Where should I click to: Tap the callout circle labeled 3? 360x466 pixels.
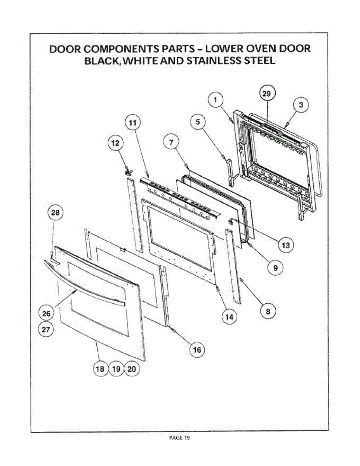tap(301, 104)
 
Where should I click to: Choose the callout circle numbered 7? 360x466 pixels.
tap(171, 142)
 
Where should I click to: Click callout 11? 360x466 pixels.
tap(132, 123)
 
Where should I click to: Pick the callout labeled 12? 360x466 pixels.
tap(115, 143)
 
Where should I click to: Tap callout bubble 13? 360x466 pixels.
tap(285, 245)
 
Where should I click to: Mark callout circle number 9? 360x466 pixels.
tap(275, 268)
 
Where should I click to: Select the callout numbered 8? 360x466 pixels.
tap(267, 311)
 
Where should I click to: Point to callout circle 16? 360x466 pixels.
tap(197, 350)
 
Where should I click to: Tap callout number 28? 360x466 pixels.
tap(55, 213)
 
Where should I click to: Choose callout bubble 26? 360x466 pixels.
tap(46, 313)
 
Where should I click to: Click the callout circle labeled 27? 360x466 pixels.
tap(46, 330)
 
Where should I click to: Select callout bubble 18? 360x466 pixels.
tap(100, 369)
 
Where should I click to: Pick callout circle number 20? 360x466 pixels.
tap(132, 369)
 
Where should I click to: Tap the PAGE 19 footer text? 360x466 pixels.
tap(180, 438)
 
